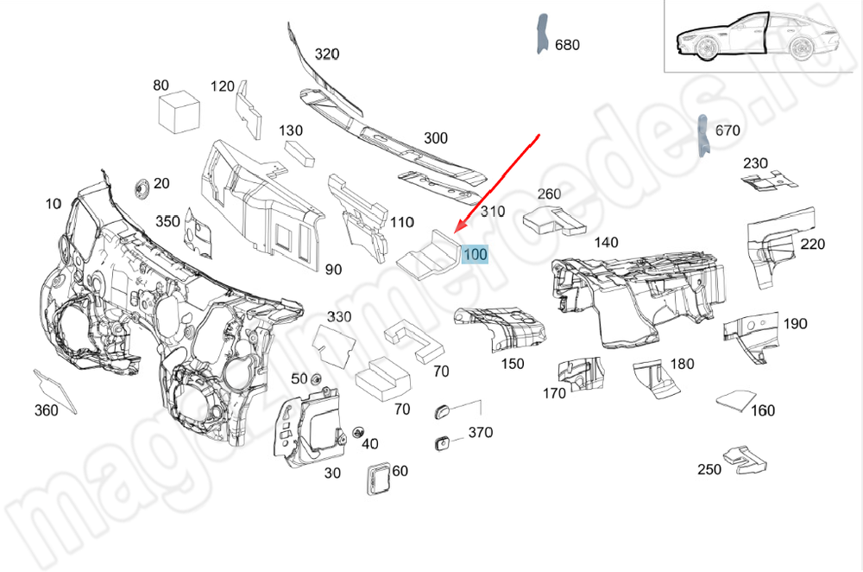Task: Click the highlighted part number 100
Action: click(x=476, y=255)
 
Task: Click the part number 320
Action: click(x=326, y=54)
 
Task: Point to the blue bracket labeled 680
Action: click(x=541, y=35)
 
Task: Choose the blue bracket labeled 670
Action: click(x=702, y=136)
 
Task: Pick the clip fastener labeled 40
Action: click(x=356, y=431)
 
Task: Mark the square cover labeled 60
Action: click(x=376, y=479)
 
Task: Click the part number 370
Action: click(x=480, y=432)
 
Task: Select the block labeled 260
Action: click(x=553, y=219)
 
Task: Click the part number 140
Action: click(x=605, y=243)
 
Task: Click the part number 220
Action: click(x=812, y=245)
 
